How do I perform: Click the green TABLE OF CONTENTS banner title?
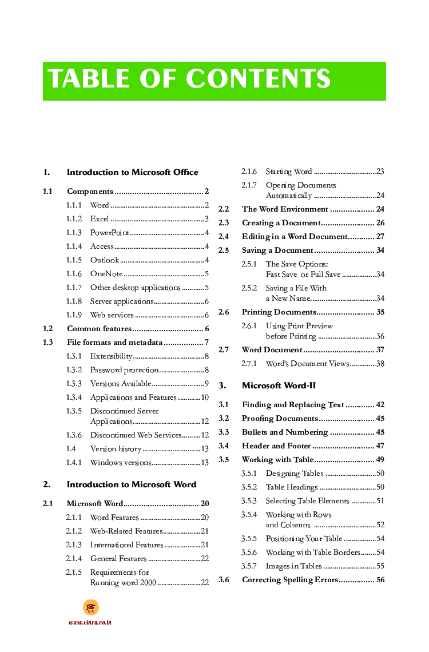[189, 79]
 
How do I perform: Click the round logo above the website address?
[90, 607]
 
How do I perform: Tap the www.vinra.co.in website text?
[90, 622]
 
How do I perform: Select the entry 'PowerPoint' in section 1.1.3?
[109, 233]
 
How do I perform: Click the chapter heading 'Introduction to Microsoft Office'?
[132, 172]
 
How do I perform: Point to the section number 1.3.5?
[74, 411]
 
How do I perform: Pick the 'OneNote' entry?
[106, 274]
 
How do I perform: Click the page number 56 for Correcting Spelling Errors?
[380, 580]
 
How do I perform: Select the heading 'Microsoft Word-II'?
[279, 385]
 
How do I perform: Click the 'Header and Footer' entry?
[276, 446]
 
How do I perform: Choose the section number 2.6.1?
[249, 326]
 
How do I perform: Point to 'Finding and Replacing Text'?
[293, 405]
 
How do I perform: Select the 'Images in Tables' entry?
[293, 566]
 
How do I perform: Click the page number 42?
[380, 405]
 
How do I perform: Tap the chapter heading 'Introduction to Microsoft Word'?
[131, 484]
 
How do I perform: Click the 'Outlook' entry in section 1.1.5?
[105, 260]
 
